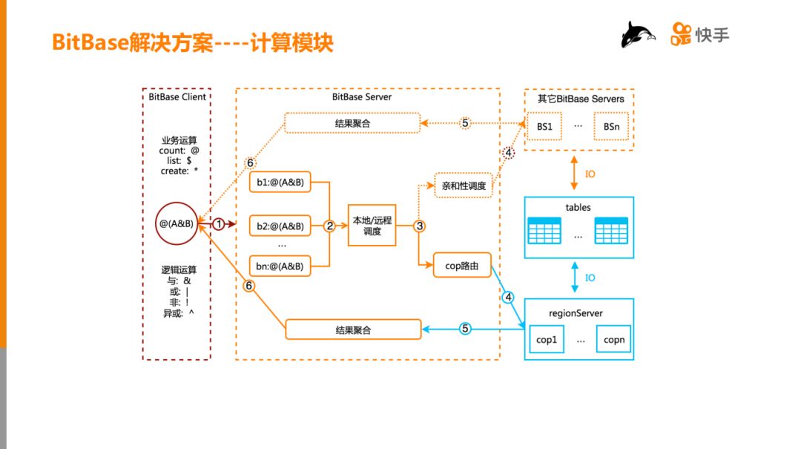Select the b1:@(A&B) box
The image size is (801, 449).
pyautogui.click(x=280, y=182)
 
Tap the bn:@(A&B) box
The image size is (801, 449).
pyautogui.click(x=280, y=264)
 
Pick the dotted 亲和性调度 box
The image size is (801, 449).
pyautogui.click(x=464, y=186)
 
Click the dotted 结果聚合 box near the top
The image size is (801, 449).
pyautogui.click(x=352, y=123)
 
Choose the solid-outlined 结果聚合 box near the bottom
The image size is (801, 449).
pyautogui.click(x=354, y=330)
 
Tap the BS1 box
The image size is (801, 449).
pyautogui.click(x=545, y=127)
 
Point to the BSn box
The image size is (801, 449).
pyautogui.click(x=611, y=127)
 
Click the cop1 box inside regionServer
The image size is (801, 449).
pyautogui.click(x=546, y=340)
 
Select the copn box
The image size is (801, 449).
pyautogui.click(x=613, y=340)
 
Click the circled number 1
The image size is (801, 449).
pyautogui.click(x=219, y=223)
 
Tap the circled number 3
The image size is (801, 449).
pyautogui.click(x=420, y=226)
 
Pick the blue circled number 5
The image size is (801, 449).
pyautogui.click(x=465, y=329)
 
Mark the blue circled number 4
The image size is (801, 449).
pyautogui.click(x=508, y=298)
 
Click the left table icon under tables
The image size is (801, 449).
pyautogui.click(x=544, y=232)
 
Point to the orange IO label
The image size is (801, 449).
pyautogui.click(x=590, y=175)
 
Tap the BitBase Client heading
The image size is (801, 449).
pyautogui.click(x=177, y=97)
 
